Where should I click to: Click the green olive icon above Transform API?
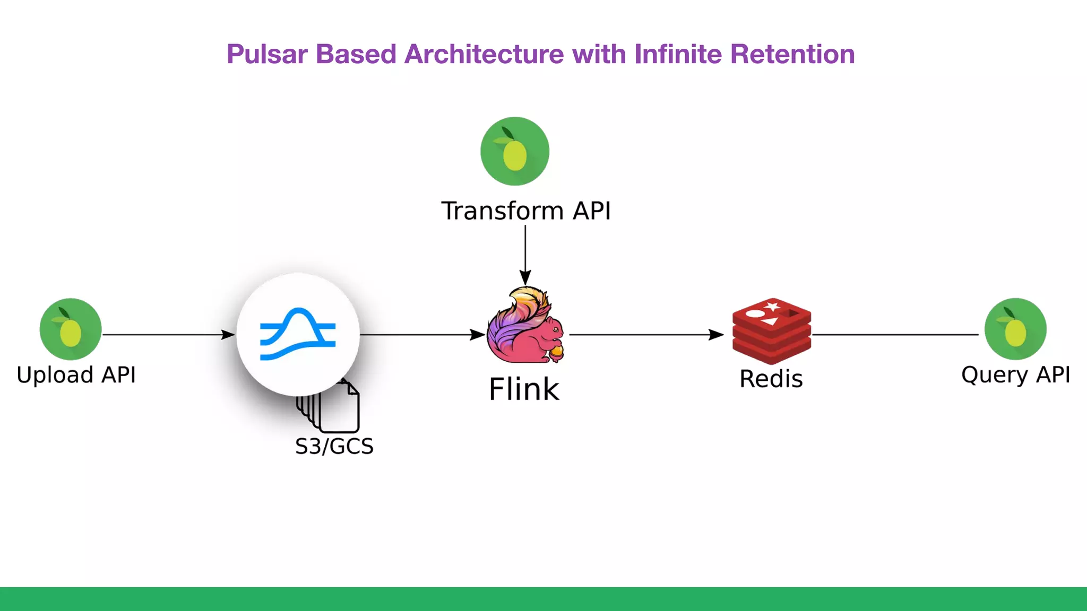coord(514,151)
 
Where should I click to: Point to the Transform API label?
coord(526,211)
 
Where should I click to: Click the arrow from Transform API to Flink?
coord(525,255)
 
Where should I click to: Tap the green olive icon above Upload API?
coord(71,329)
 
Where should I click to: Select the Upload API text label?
coord(76,375)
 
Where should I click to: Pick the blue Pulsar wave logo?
coord(298,334)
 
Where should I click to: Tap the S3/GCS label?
coord(334,447)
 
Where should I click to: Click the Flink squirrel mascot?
coord(525,326)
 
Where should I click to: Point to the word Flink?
coord(524,390)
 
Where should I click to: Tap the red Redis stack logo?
coord(771,330)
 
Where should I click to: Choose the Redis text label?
coord(771,379)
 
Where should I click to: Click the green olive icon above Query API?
coord(1015,329)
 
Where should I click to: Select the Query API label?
coord(1015,375)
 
